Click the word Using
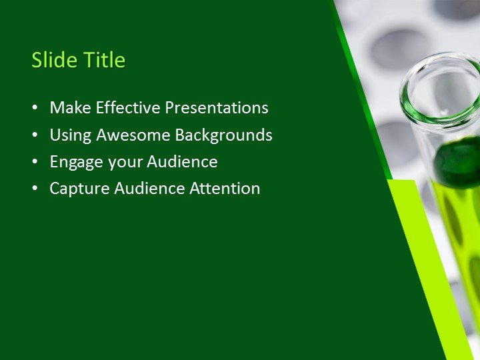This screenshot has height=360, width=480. coord(71,135)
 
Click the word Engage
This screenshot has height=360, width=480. coord(75,162)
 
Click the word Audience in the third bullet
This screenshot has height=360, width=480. coord(182,162)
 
